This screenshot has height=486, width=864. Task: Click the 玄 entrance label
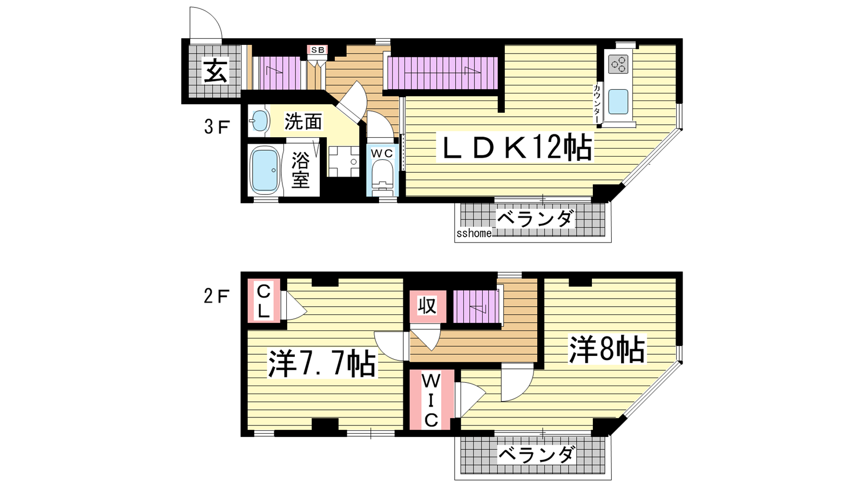click(215, 71)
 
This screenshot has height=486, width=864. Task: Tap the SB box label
click(318, 50)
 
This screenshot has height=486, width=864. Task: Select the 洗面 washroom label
click(303, 122)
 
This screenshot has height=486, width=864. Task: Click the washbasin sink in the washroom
click(259, 121)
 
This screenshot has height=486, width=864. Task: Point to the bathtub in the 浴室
click(265, 171)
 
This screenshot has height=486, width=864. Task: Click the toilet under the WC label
click(382, 178)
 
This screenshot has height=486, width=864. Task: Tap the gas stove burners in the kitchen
click(618, 64)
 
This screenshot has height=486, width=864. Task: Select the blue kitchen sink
click(618, 102)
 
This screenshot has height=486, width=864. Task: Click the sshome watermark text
click(474, 233)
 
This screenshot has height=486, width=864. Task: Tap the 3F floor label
click(217, 127)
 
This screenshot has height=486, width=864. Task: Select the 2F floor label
click(217, 296)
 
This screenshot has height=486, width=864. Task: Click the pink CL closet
click(264, 301)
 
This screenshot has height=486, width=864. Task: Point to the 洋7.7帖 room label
click(322, 363)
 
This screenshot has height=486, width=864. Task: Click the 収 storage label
click(427, 306)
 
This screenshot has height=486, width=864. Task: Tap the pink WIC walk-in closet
click(430, 400)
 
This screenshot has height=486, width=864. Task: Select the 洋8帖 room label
click(607, 350)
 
